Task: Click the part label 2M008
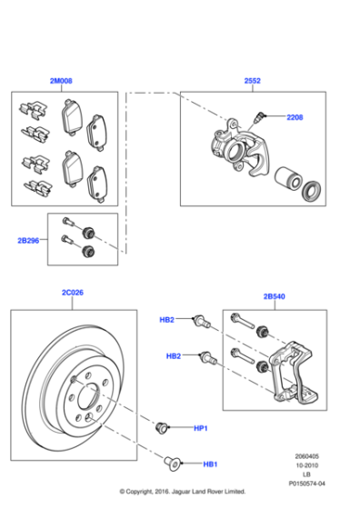pos(61,81)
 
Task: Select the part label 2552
pos(252,81)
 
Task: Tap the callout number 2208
pos(295,117)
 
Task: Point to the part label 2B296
pos(28,241)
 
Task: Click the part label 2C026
pos(73,293)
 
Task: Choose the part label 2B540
pos(275,296)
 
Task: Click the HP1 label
pos(201,428)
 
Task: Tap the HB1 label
pos(210,464)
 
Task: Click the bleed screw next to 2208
pos(259,117)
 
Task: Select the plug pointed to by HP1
pos(162,427)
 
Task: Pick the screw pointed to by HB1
pos(172,464)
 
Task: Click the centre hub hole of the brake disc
pos(88,395)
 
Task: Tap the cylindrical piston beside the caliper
pos(287,178)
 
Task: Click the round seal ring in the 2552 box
pos(312,190)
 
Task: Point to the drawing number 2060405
pos(306,456)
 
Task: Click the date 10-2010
pos(306,465)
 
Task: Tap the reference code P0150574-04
pos(306,484)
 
